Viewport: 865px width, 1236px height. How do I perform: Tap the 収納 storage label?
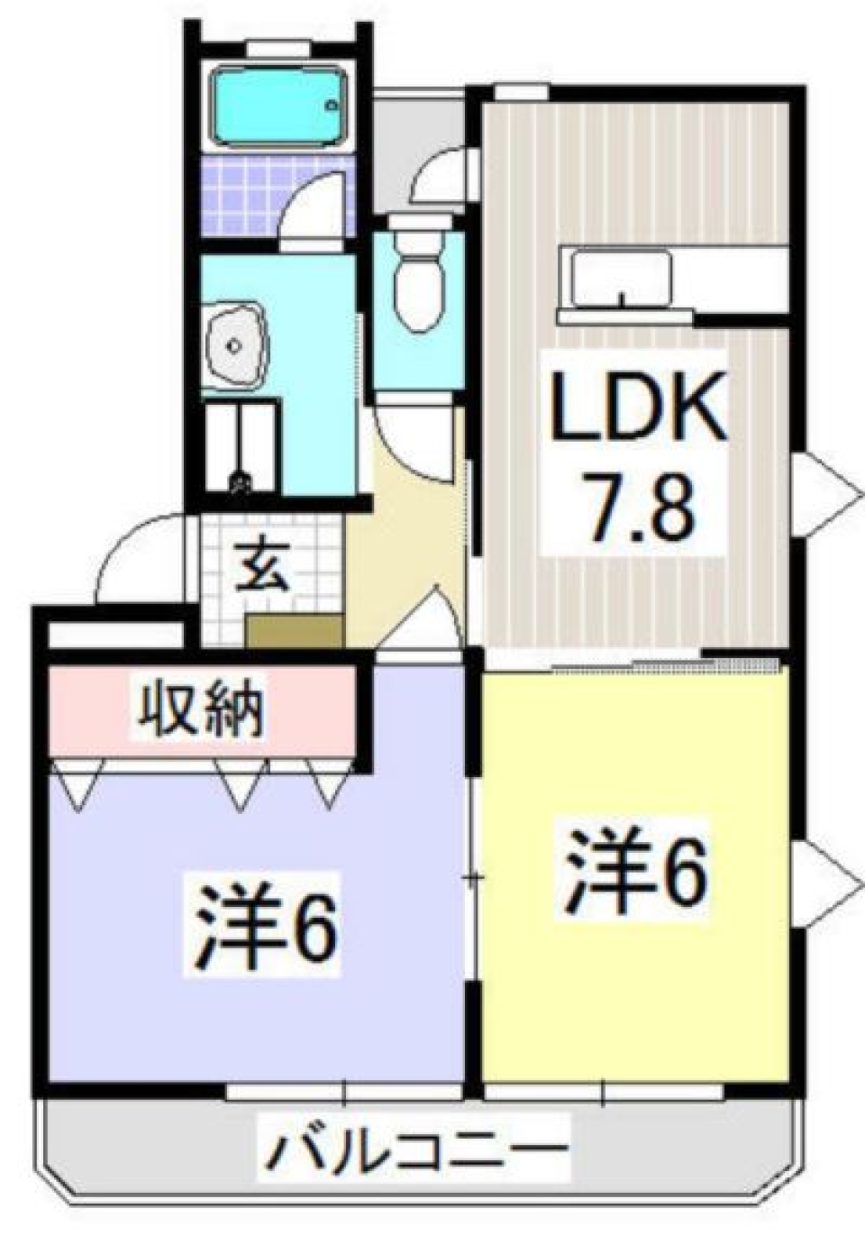pyautogui.click(x=199, y=710)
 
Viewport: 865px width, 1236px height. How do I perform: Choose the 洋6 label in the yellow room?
pyautogui.click(x=635, y=869)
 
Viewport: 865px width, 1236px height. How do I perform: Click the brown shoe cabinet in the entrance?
pyautogui.click(x=294, y=630)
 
